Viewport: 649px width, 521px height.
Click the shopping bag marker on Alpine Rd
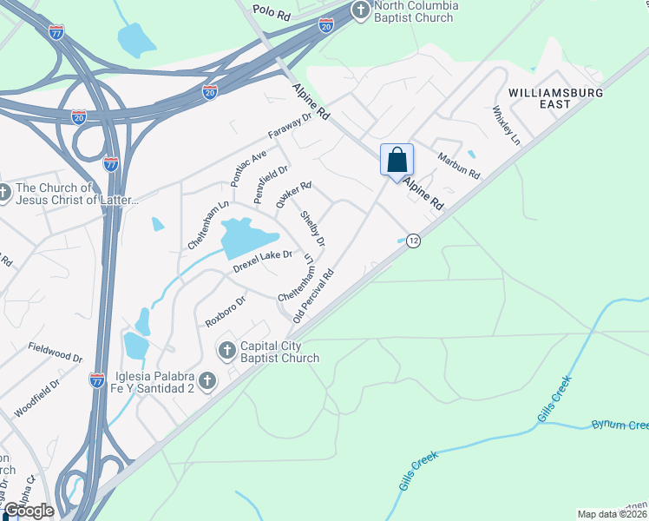(397, 161)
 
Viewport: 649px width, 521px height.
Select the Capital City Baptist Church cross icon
(226, 350)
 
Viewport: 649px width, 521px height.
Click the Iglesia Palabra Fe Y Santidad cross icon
(206, 379)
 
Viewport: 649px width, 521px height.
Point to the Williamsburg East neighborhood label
(552, 97)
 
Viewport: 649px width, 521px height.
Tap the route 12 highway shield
(414, 241)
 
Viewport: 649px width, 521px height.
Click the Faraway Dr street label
(289, 131)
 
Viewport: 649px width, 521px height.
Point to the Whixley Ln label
(506, 125)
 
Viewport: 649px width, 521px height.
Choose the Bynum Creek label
(619, 425)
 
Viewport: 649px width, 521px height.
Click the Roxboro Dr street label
(226, 311)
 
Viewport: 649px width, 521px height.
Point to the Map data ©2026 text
(611, 514)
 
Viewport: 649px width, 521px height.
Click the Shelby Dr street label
(312, 227)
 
